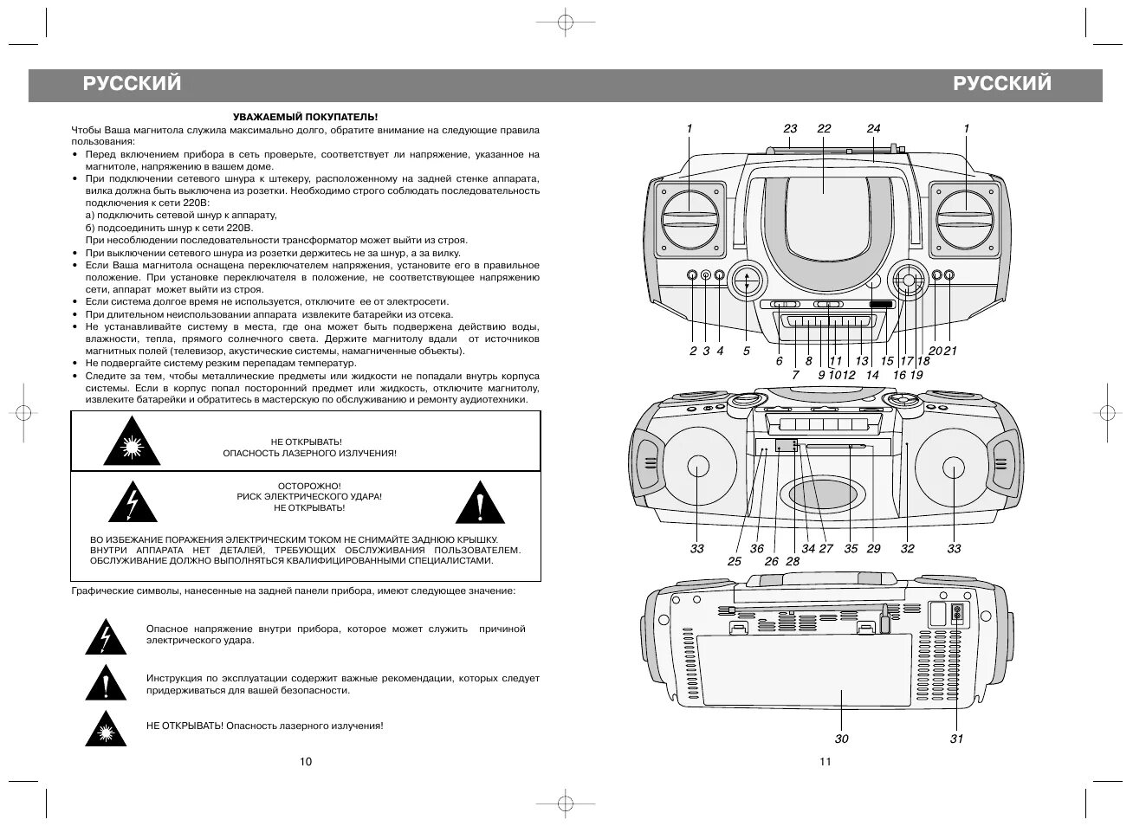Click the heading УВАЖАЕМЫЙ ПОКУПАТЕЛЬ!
coord(305,116)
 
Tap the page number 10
coord(305,762)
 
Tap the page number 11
coord(824,762)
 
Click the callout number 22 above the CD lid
coord(824,129)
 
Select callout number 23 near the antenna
coord(790,129)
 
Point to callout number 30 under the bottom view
coord(842,739)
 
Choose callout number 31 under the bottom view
coord(956,739)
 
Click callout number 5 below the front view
coord(746,352)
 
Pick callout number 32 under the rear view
coord(907,548)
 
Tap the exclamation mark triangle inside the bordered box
coord(478,503)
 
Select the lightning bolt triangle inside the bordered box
coord(132,503)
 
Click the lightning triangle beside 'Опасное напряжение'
coord(106,637)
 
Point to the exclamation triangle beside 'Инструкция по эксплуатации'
coord(106,683)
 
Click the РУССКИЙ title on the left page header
coord(133,83)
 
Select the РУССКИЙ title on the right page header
coord(1002,83)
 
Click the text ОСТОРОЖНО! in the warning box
coord(309,486)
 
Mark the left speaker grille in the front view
coord(690,219)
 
